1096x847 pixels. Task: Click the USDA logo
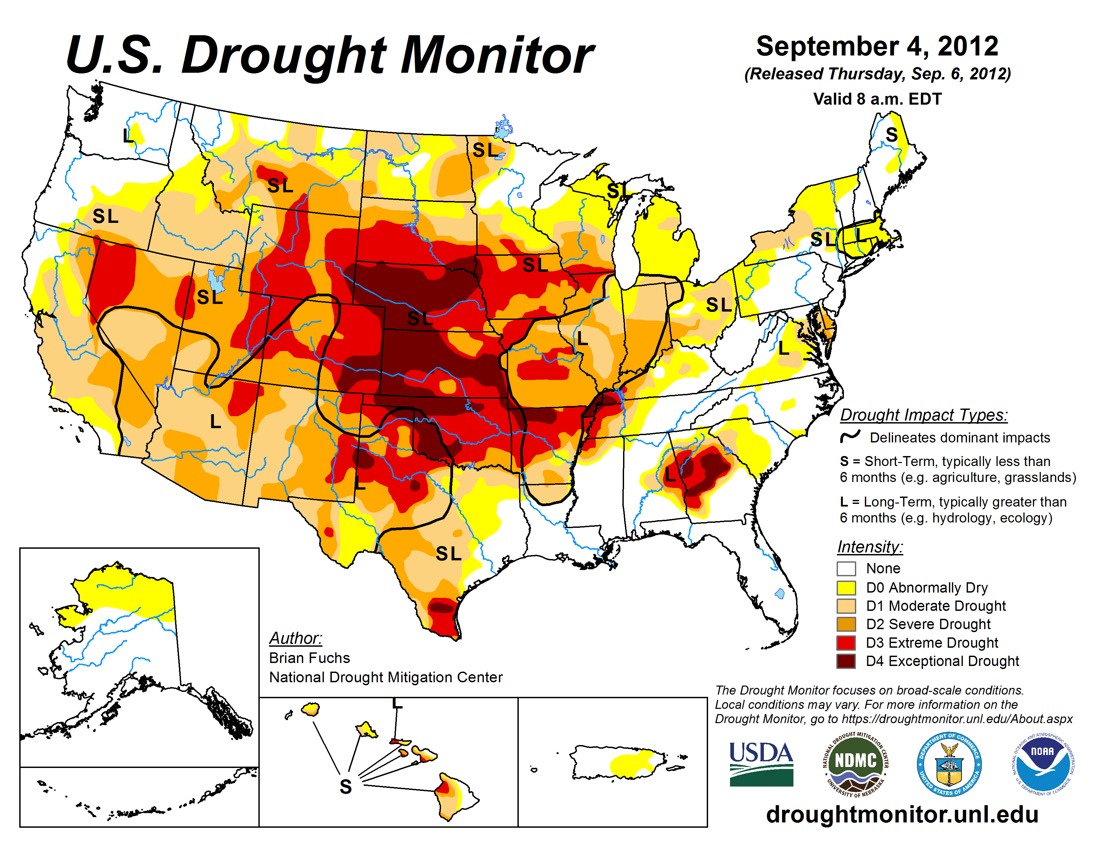(761, 763)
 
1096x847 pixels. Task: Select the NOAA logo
(1042, 763)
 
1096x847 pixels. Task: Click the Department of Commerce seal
(949, 764)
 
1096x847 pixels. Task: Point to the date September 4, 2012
(877, 46)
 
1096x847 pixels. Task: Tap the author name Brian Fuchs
(309, 658)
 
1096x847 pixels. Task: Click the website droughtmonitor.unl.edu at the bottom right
(902, 813)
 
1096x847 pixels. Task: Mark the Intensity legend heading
(870, 546)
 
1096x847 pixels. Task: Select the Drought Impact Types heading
(923, 415)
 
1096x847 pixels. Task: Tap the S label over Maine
(891, 135)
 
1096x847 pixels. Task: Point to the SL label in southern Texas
(448, 553)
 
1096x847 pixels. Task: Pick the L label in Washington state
(128, 135)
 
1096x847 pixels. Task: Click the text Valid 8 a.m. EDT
(877, 99)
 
